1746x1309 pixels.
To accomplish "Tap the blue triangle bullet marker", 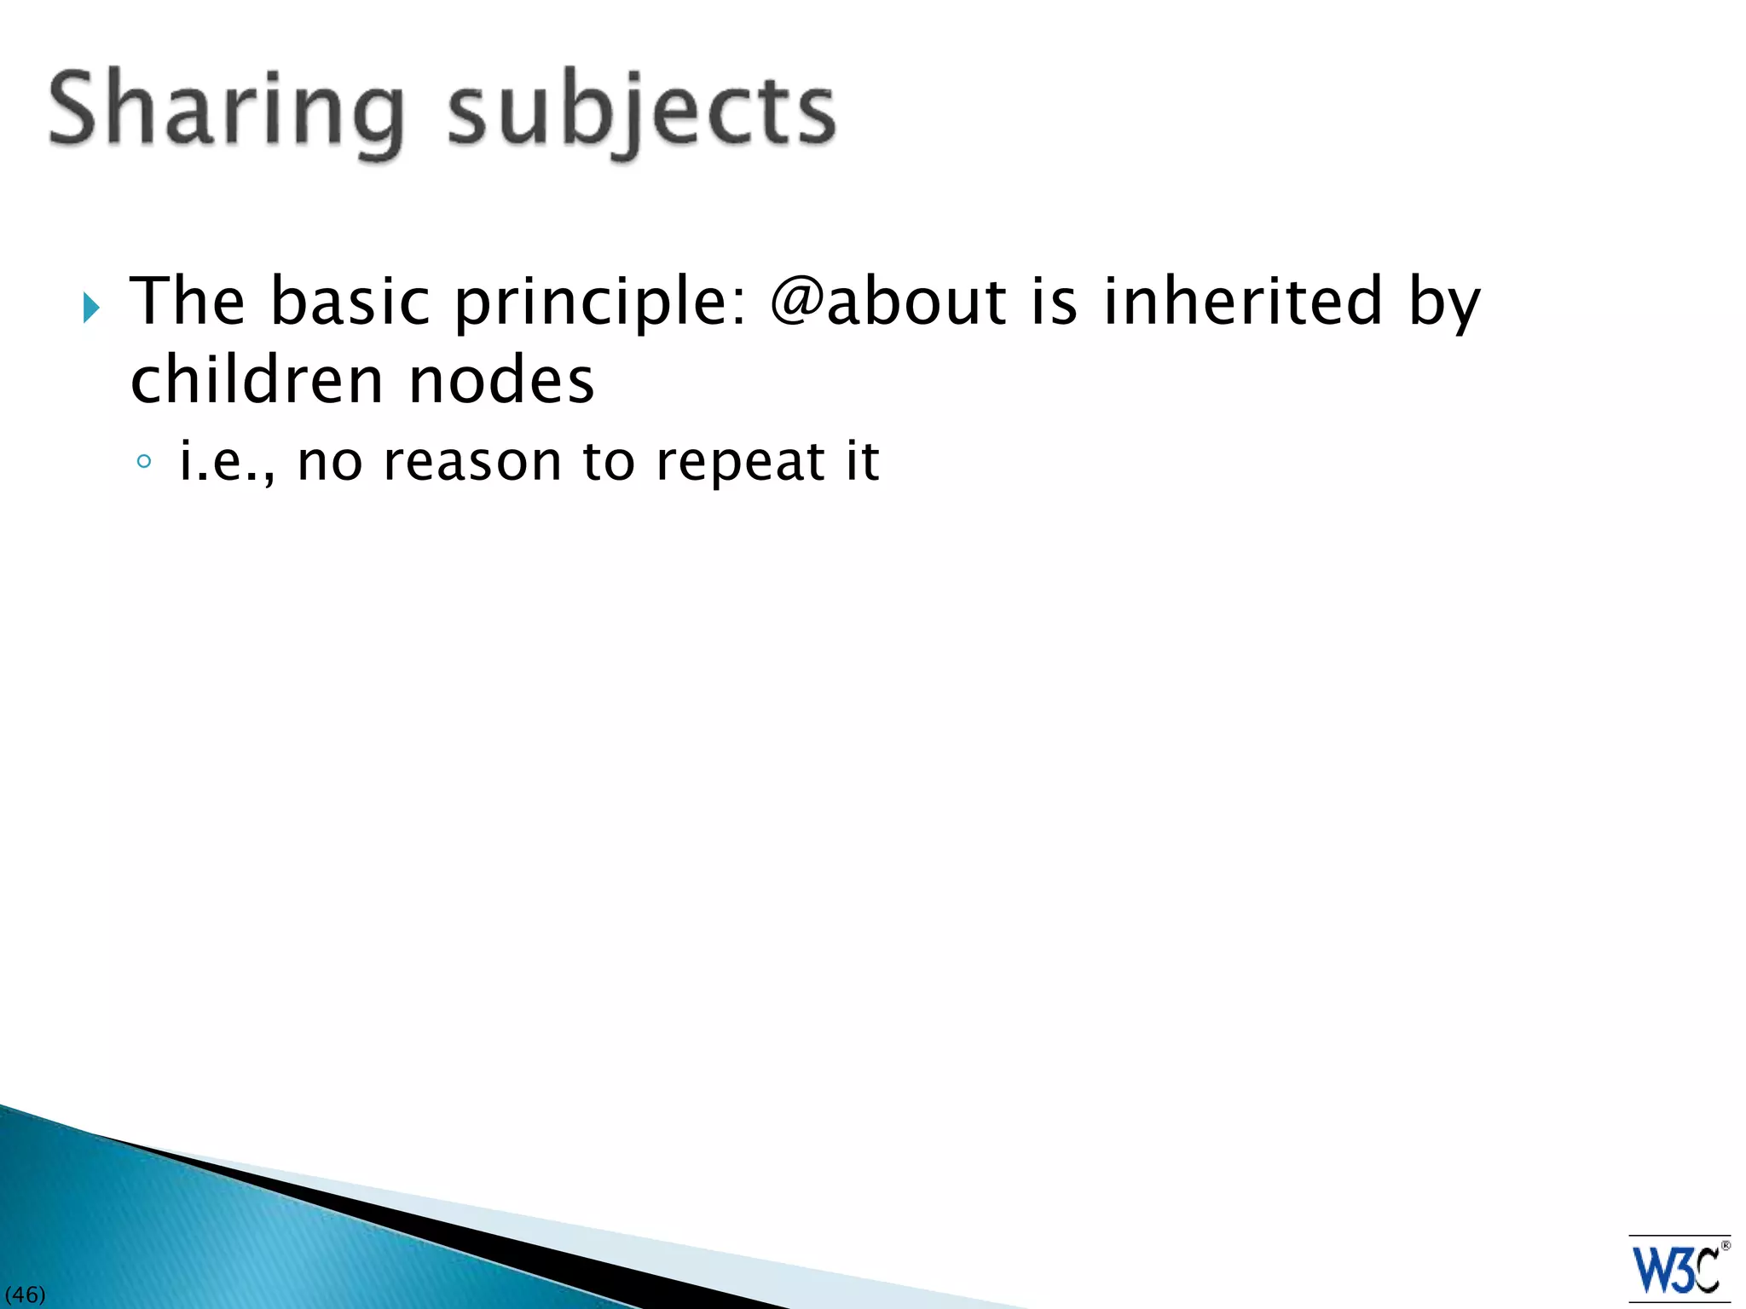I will coord(91,308).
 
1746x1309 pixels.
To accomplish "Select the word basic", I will coord(350,302).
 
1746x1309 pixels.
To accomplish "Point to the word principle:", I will coord(600,303).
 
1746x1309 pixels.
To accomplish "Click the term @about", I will coord(887,302).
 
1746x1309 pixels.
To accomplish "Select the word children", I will coord(257,380).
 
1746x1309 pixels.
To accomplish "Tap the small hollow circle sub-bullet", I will coord(144,462).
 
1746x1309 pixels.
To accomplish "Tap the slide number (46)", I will coord(25,1295).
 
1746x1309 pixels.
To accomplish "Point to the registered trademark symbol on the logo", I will coord(1726,1246).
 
